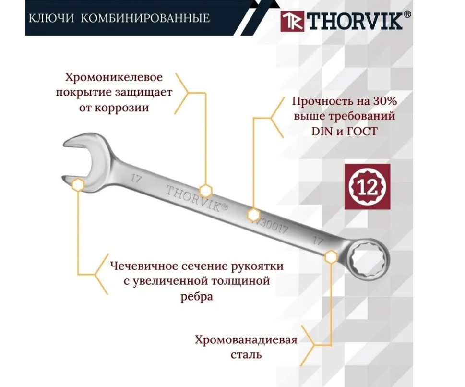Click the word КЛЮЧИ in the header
tap(49, 19)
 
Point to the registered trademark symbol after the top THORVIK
tap(407, 15)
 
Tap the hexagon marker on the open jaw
tap(78, 185)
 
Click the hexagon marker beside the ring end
tap(330, 257)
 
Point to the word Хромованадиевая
tap(246, 340)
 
